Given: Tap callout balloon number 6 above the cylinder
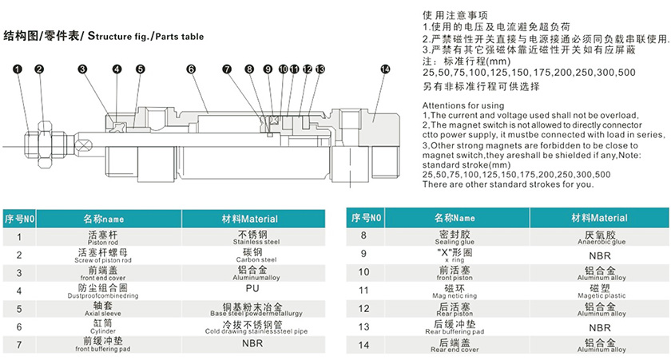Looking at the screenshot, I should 191,69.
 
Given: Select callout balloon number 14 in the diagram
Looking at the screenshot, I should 385,69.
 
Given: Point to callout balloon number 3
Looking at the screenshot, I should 82,69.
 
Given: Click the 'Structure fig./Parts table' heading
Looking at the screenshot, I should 104,36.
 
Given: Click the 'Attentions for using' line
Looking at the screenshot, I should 463,105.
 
